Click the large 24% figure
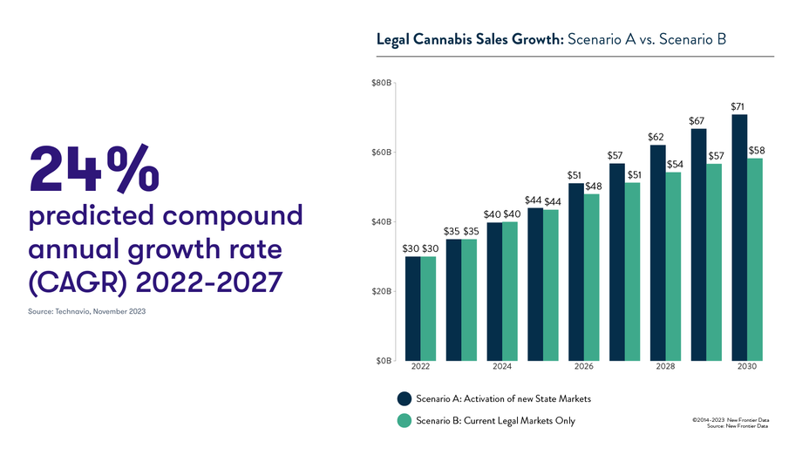pyautogui.click(x=95, y=168)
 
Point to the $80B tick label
pyautogui.click(x=382, y=84)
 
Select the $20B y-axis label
pyautogui.click(x=382, y=291)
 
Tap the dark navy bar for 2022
pyautogui.click(x=412, y=309)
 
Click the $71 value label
pyautogui.click(x=738, y=107)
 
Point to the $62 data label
pyautogui.click(x=656, y=138)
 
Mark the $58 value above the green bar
pyautogui.click(x=757, y=151)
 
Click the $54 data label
pyautogui.click(x=675, y=165)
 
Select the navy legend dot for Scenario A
pyautogui.click(x=404, y=398)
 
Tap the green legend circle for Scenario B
pyautogui.click(x=404, y=421)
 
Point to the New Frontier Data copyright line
pyautogui.click(x=731, y=420)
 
